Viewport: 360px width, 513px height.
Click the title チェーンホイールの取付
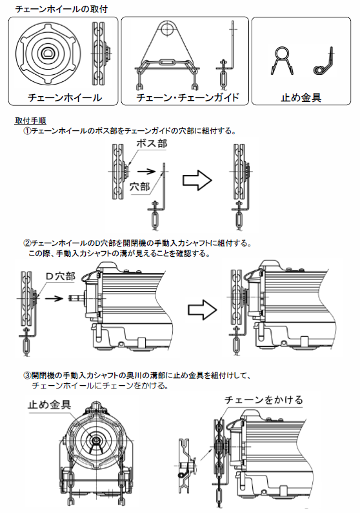(x=61, y=9)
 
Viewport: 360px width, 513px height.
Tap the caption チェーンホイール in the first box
(x=65, y=97)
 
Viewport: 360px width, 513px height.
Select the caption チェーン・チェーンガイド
(x=188, y=97)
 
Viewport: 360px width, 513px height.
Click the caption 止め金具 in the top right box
(x=301, y=97)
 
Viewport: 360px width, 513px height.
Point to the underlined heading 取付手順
(x=30, y=121)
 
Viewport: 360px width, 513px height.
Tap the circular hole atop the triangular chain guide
(x=166, y=29)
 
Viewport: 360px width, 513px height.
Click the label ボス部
(x=152, y=143)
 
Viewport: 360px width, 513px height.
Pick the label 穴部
(x=140, y=186)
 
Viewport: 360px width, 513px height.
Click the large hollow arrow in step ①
(x=197, y=180)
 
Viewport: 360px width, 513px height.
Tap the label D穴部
(x=60, y=276)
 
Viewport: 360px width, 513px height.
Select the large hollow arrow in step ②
(x=202, y=310)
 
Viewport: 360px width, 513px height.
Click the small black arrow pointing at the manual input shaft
(x=54, y=298)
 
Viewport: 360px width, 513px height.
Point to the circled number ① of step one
(x=27, y=131)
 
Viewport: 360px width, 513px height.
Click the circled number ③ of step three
(x=27, y=376)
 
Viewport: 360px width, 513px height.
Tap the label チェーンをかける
(x=263, y=400)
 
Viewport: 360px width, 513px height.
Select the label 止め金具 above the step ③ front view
(x=50, y=405)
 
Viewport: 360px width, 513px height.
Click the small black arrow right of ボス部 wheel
(x=146, y=171)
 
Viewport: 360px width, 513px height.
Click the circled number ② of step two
(x=27, y=244)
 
